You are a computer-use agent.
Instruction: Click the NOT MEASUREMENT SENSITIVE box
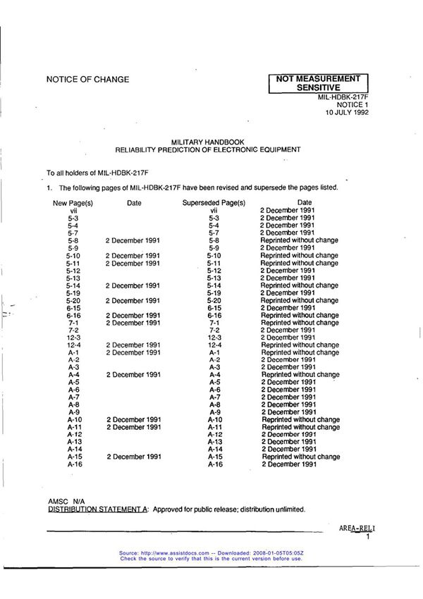coord(318,83)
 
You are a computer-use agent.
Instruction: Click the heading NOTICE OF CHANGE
coord(87,80)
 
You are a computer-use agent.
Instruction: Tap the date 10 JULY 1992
coord(346,112)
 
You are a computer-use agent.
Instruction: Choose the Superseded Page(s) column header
coord(214,203)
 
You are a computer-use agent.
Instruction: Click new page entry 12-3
coord(73,338)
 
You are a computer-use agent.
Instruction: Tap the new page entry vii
coord(73,211)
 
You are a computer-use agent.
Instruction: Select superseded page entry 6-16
coord(215,315)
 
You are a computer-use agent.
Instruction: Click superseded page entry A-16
coord(215,464)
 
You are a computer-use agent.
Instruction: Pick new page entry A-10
coord(75,420)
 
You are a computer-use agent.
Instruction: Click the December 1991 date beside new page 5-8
coord(133,240)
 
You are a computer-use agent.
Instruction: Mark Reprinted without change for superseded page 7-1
coord(300,323)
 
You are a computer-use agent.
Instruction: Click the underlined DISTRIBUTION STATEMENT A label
coord(98,509)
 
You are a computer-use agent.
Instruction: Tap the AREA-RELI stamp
coord(357,528)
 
